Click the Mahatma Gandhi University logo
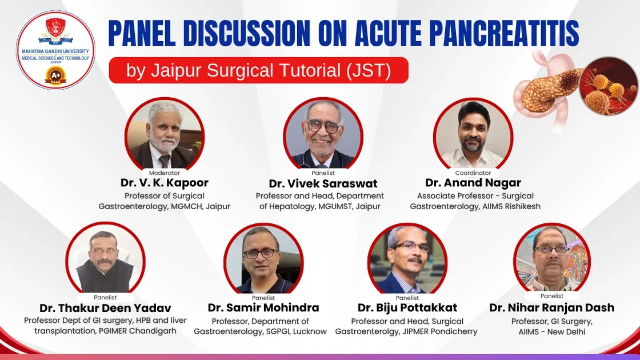pyautogui.click(x=55, y=50)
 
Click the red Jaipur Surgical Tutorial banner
pyautogui.click(x=258, y=70)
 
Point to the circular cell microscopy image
pyautogui.click(x=608, y=86)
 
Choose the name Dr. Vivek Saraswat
pyautogui.click(x=323, y=183)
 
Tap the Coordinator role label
pyautogui.click(x=473, y=173)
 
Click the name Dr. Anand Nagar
pyautogui.click(x=473, y=183)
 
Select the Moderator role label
pyautogui.click(x=164, y=173)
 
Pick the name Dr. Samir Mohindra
pyautogui.click(x=263, y=308)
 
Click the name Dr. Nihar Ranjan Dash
pyautogui.click(x=551, y=307)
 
